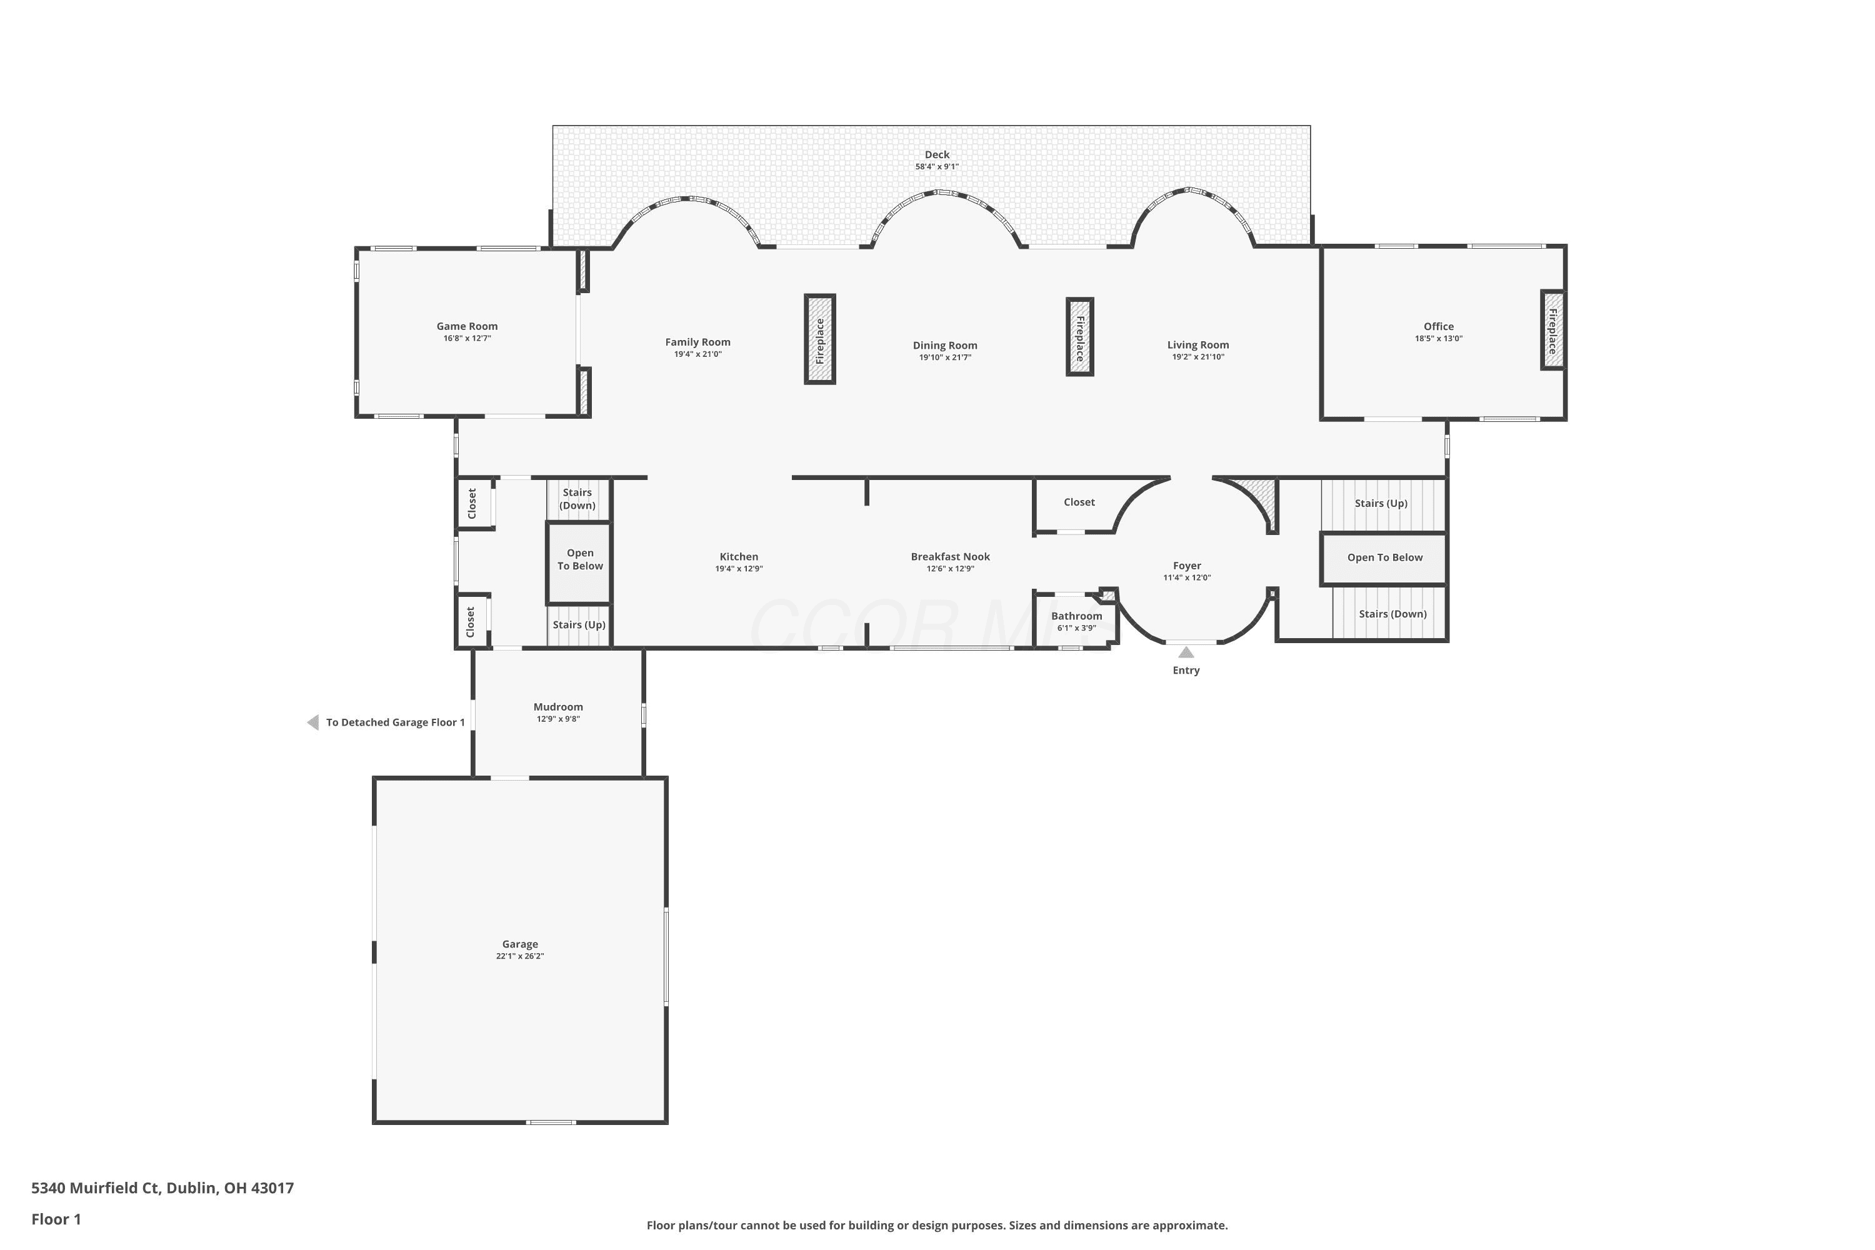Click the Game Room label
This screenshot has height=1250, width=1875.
pos(467,326)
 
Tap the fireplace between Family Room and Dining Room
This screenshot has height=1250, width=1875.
pos(819,339)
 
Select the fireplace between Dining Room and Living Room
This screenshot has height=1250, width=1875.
pos(1080,336)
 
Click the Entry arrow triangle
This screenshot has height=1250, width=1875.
pos(1186,652)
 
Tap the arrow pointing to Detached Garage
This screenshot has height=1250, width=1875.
pos(313,722)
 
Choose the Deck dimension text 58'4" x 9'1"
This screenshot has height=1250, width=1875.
pos(937,167)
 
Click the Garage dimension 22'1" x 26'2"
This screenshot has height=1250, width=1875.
pos(520,956)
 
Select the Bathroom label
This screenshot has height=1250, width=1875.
pos(1076,616)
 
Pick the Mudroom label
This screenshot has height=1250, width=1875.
pos(558,706)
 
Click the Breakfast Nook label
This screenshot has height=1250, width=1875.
pos(950,556)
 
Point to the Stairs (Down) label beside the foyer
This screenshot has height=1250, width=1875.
pos(1392,614)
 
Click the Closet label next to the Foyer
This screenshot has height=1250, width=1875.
pos(1079,502)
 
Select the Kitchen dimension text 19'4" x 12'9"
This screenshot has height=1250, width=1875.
pos(739,568)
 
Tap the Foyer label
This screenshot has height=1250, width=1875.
pos(1187,565)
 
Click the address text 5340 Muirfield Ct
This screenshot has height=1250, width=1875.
pos(96,1188)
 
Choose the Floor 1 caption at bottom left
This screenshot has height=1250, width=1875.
pos(56,1219)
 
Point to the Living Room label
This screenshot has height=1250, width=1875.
pos(1198,344)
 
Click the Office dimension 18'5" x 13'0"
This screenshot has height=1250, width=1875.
pos(1439,338)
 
